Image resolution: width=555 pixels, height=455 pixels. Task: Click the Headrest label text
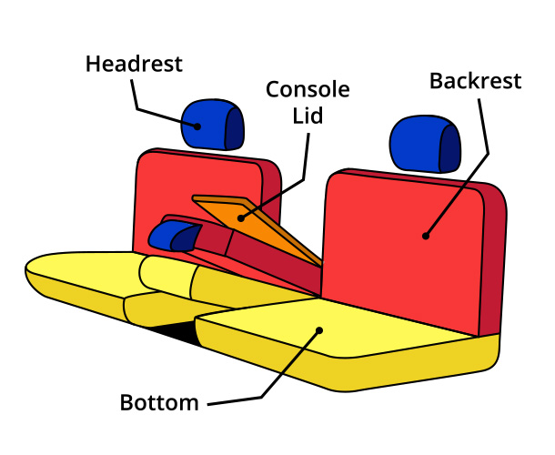tap(134, 65)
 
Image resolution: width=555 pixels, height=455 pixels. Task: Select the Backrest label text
tap(475, 81)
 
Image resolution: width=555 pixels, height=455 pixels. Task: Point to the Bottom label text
tap(159, 402)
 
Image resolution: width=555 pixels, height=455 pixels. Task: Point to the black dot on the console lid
tap(241, 217)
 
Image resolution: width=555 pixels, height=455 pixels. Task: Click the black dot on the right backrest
tap(424, 237)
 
